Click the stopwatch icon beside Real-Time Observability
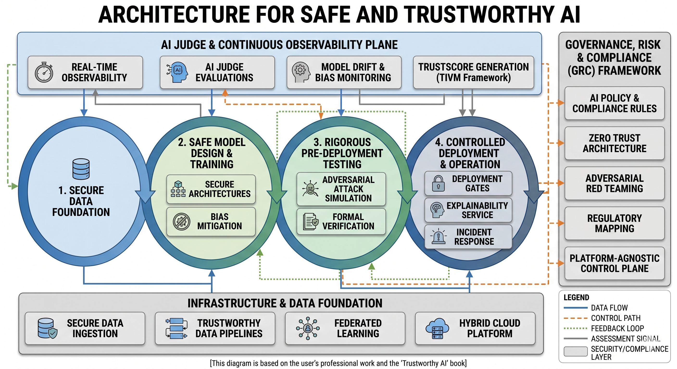(44, 72)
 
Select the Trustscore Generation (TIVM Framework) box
(473, 72)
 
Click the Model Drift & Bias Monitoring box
(344, 72)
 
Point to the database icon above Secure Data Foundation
(81, 169)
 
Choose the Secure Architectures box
(211, 189)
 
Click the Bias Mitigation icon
(182, 221)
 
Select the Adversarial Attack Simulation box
(341, 189)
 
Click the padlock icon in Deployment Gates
(438, 184)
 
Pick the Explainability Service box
(468, 210)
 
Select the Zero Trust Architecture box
(614, 143)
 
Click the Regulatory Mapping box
(614, 223)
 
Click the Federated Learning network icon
(308, 328)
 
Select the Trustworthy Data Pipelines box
(215, 328)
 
